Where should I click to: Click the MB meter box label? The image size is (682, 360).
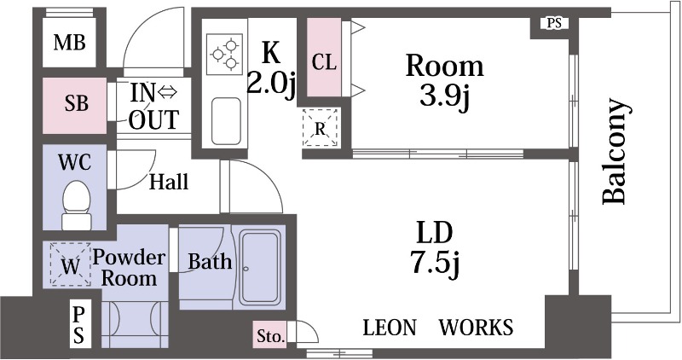pos(70,43)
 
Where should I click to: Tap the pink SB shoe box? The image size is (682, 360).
pos(74,106)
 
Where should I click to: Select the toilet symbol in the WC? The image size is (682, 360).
pos(77,205)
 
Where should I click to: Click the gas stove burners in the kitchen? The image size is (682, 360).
pos(224,55)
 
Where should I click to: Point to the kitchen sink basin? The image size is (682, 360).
pos(226,121)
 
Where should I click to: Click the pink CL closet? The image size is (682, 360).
pos(324,57)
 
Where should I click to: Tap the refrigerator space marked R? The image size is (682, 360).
pos(321,128)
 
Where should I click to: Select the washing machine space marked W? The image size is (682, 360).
pos(70,264)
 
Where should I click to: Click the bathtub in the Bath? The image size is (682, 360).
pos(260,268)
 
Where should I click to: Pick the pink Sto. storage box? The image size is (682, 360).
pos(270,335)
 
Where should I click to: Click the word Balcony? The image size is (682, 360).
pos(616,152)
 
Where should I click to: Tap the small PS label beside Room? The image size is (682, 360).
pos(554,23)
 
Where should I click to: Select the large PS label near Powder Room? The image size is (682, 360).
pos(78,324)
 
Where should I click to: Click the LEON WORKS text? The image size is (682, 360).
pos(438,328)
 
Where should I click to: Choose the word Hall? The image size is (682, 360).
pos(169,182)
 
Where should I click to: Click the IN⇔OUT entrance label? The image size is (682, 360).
pos(154,106)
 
